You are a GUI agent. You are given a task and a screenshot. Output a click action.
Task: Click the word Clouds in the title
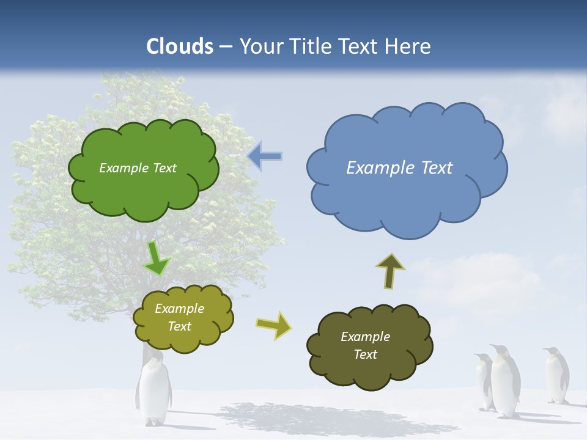(x=180, y=46)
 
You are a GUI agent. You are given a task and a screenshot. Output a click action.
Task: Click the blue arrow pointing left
(x=265, y=156)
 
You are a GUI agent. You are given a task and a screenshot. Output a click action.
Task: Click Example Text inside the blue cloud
(x=399, y=168)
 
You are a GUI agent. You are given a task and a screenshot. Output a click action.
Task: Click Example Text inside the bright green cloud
(x=138, y=168)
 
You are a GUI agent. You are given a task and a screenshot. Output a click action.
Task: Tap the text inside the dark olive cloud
(x=365, y=345)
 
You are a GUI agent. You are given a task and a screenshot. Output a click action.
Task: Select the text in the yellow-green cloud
(x=179, y=317)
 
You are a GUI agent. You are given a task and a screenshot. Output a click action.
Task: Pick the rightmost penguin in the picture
(x=556, y=375)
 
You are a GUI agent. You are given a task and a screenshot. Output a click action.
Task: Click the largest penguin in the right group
(x=505, y=382)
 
